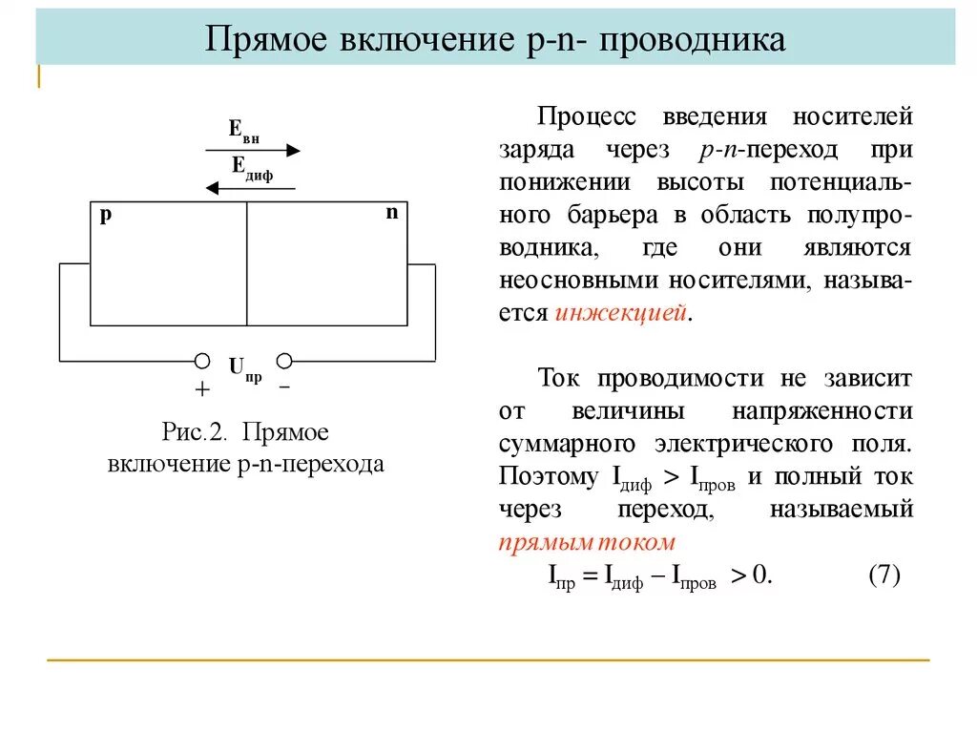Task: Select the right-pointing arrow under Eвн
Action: [254, 150]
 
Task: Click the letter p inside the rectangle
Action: [106, 215]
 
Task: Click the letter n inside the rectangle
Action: [391, 213]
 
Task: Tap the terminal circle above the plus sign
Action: [202, 361]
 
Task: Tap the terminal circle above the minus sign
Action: [283, 361]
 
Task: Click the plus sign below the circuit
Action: [202, 389]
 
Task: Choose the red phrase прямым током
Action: [587, 542]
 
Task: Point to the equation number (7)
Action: [884, 576]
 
